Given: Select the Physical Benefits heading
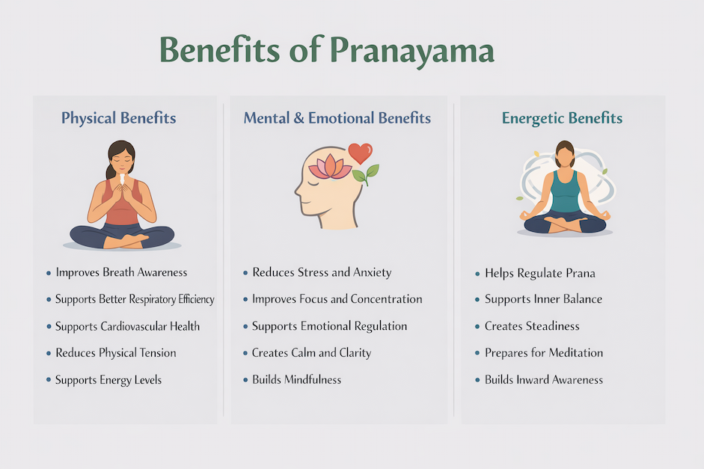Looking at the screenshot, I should click(119, 118).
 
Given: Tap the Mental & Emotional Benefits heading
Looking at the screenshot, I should click(337, 118).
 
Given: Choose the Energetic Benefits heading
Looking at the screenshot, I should click(562, 118).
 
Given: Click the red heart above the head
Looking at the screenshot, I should click(360, 153).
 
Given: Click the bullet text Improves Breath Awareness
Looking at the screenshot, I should click(121, 272).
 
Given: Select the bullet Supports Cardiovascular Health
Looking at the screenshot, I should click(127, 326).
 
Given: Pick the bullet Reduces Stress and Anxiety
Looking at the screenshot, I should click(322, 272).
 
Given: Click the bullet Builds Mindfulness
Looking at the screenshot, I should click(296, 380).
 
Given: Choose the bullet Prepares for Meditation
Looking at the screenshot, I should click(544, 353).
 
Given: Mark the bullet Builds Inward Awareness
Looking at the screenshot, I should click(544, 380).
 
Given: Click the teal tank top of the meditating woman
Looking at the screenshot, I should click(566, 193).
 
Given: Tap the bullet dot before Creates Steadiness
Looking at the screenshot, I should click(477, 327).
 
